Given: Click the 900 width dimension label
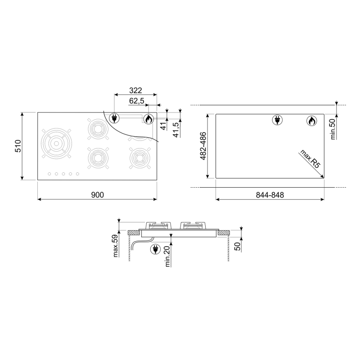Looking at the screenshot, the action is point(98,195).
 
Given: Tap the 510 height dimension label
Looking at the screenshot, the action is point(18,146).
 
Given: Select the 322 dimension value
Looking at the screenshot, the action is point(135,90).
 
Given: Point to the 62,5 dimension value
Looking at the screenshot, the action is point(136,100).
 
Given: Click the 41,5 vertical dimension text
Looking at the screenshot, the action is point(175,130).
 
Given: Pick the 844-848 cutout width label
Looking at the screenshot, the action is point(270,195).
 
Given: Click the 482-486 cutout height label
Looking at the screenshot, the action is point(203,146).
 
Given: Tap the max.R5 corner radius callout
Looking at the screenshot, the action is point(310,159).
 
